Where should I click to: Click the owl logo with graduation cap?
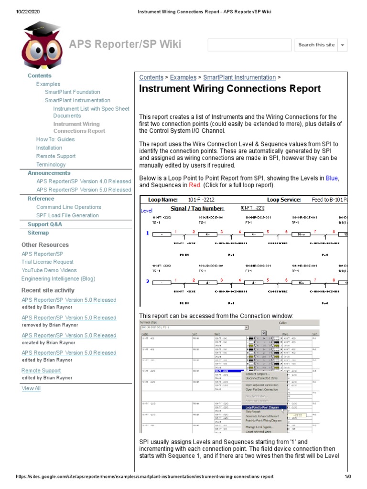[x=42, y=46]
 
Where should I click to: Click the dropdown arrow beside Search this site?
[x=343, y=45]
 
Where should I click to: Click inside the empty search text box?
[x=249, y=45]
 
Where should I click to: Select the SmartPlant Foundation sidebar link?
[x=72, y=92]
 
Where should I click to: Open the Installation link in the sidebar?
[x=49, y=148]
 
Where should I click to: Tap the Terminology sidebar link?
[x=51, y=165]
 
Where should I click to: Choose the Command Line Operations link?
[x=68, y=207]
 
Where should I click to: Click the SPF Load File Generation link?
[x=67, y=216]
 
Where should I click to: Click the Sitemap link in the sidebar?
[x=38, y=233]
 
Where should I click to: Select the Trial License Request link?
[x=47, y=262]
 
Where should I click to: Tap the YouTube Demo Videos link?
[x=49, y=270]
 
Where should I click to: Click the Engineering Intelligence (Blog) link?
[x=58, y=279]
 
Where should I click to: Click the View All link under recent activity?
[x=31, y=389]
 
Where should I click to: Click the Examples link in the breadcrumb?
[x=183, y=77]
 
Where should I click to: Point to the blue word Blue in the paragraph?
[x=332, y=178]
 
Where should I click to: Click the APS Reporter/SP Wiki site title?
[x=125, y=45]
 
